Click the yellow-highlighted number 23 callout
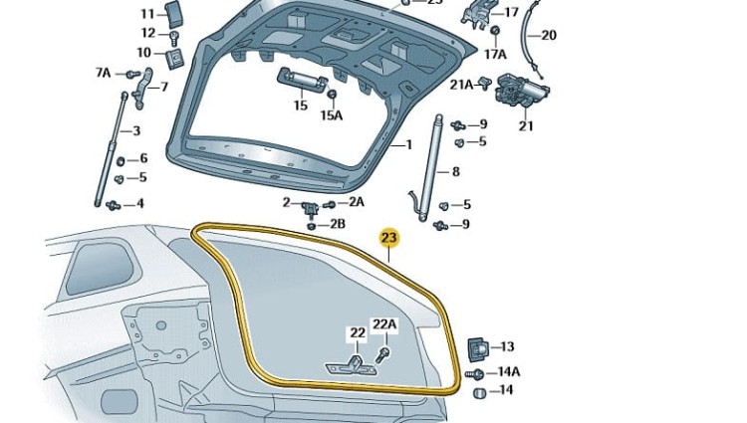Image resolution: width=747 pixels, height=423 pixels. tap(389, 239)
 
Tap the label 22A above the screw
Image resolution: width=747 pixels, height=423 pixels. tap(384, 324)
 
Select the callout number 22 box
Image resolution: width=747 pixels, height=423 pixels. tap(358, 333)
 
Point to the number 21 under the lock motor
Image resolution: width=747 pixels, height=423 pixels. tap(526, 126)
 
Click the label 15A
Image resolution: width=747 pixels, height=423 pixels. tap(332, 115)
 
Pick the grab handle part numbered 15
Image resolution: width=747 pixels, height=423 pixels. tap(302, 78)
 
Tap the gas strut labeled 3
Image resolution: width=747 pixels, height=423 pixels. tap(111, 149)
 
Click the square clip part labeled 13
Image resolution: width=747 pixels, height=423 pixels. tap(478, 348)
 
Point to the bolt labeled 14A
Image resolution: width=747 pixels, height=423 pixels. tap(474, 375)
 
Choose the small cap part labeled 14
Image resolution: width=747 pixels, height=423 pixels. tap(480, 393)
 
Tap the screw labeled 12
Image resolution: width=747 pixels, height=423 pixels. tap(174, 38)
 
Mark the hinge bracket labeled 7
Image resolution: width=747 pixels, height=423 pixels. tap(142, 89)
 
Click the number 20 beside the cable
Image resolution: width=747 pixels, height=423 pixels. tap(549, 35)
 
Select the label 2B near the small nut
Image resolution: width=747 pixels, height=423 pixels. tap(338, 224)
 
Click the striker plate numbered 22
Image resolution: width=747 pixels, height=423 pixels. tap(351, 365)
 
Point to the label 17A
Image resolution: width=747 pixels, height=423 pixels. tap(495, 54)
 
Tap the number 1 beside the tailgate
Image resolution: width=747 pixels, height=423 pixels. tap(408, 144)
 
